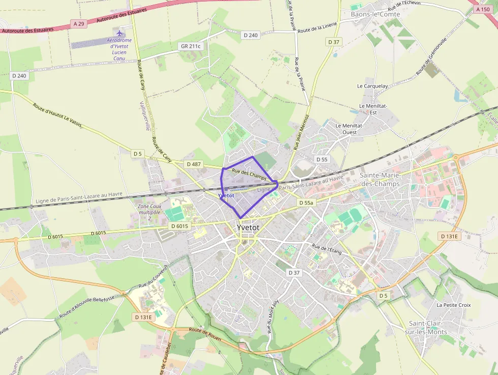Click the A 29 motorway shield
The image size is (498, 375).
coord(78,23)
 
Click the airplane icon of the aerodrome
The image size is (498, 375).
coord(120,34)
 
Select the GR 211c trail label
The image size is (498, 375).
coord(191,46)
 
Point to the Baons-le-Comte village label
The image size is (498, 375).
coord(376,14)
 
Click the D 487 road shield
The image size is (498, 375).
coord(194,164)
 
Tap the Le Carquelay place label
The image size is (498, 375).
coord(372,86)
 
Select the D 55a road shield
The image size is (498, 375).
coord(306,203)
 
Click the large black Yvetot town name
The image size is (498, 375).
coord(248,227)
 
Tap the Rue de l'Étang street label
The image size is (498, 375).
coord(327,249)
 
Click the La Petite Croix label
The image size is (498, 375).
coord(454,305)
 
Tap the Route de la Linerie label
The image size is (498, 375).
coord(318,31)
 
